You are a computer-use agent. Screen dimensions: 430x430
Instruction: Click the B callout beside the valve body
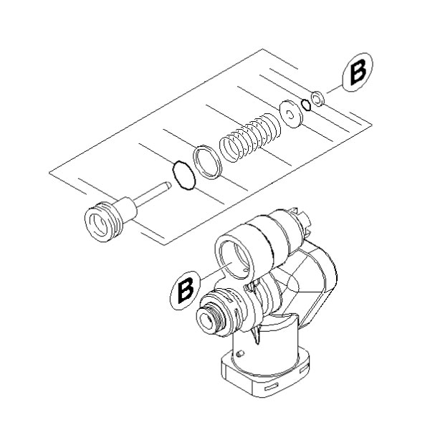[186, 290]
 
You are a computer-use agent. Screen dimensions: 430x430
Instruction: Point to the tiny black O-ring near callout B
[305, 105]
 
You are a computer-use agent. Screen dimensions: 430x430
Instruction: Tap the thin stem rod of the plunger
[150, 196]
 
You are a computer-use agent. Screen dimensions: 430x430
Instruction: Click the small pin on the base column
[241, 354]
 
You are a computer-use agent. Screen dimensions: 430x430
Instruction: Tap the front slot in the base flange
[271, 387]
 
